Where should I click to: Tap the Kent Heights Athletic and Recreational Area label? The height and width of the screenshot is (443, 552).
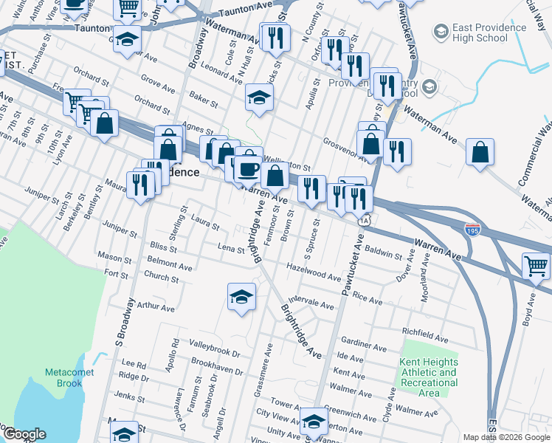click(x=428, y=377)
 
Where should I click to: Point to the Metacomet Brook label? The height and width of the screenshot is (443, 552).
click(x=69, y=377)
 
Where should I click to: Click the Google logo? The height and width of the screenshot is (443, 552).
click(x=24, y=434)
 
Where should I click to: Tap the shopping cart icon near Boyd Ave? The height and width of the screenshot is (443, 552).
click(x=537, y=265)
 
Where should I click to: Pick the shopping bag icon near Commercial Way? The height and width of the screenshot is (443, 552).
click(x=480, y=153)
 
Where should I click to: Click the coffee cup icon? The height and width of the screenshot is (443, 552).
click(x=248, y=169)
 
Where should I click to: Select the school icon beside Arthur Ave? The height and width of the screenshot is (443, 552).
click(x=241, y=298)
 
